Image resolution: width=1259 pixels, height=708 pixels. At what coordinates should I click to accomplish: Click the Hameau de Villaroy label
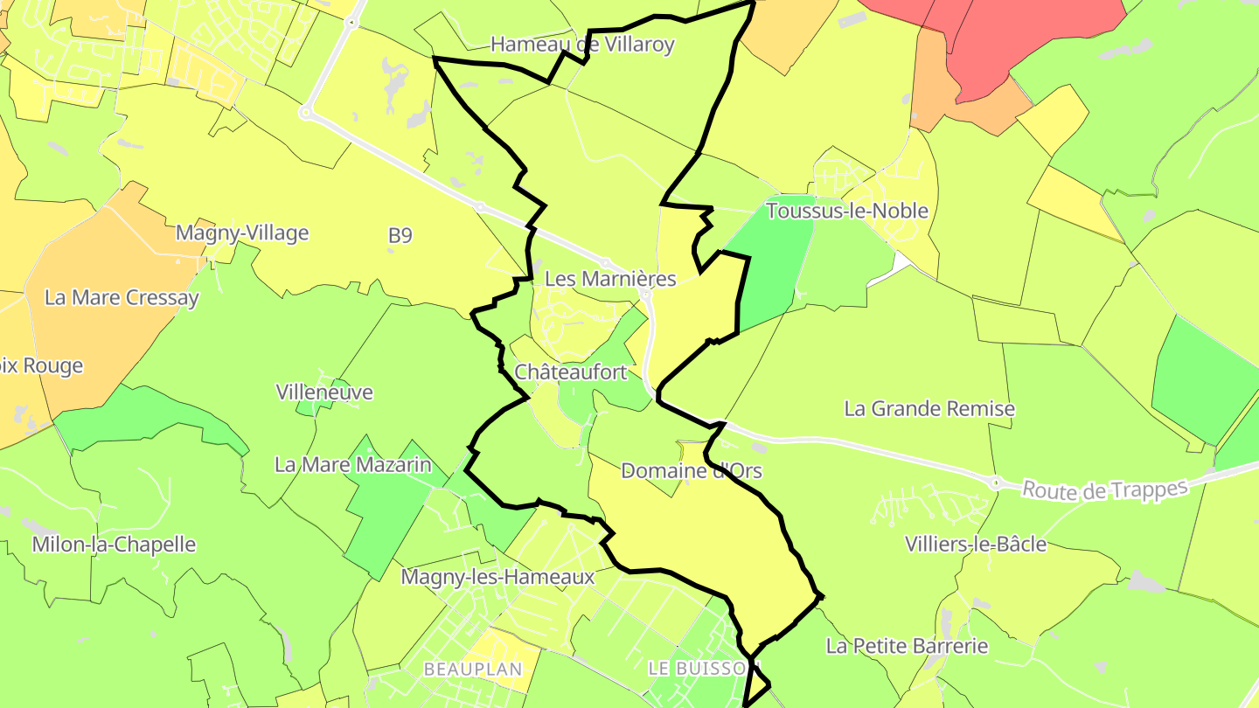(582, 45)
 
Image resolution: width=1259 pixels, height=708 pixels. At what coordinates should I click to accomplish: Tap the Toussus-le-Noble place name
(847, 211)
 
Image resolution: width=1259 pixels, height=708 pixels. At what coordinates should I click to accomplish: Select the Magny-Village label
(242, 233)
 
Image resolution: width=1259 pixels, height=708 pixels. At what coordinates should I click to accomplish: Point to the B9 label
(400, 235)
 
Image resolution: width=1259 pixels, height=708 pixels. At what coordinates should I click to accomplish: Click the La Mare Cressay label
(122, 297)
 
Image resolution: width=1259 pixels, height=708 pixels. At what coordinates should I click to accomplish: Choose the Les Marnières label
(610, 279)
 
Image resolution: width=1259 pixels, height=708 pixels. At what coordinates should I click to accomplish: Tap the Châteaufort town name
(571, 372)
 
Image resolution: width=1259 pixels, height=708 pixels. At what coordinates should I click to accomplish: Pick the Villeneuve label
(324, 392)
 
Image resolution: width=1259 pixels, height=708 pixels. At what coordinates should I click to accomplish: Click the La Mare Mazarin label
(353, 465)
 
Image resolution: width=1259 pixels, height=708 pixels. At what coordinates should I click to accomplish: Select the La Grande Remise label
(929, 408)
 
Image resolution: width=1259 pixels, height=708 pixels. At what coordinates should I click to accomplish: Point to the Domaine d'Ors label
(691, 471)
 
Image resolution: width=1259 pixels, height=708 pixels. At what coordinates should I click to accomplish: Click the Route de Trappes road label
(1105, 489)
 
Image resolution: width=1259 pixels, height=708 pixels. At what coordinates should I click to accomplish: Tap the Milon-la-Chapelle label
(114, 545)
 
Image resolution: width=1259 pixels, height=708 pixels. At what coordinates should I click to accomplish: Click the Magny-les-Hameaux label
(497, 577)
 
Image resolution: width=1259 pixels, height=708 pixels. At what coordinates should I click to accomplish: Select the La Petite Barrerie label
(908, 647)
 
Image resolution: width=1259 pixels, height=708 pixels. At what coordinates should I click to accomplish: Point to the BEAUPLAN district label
(473, 670)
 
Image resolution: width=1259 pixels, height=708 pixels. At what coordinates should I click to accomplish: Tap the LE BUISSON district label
(698, 668)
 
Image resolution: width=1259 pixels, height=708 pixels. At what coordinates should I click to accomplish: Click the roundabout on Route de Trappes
(995, 482)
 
